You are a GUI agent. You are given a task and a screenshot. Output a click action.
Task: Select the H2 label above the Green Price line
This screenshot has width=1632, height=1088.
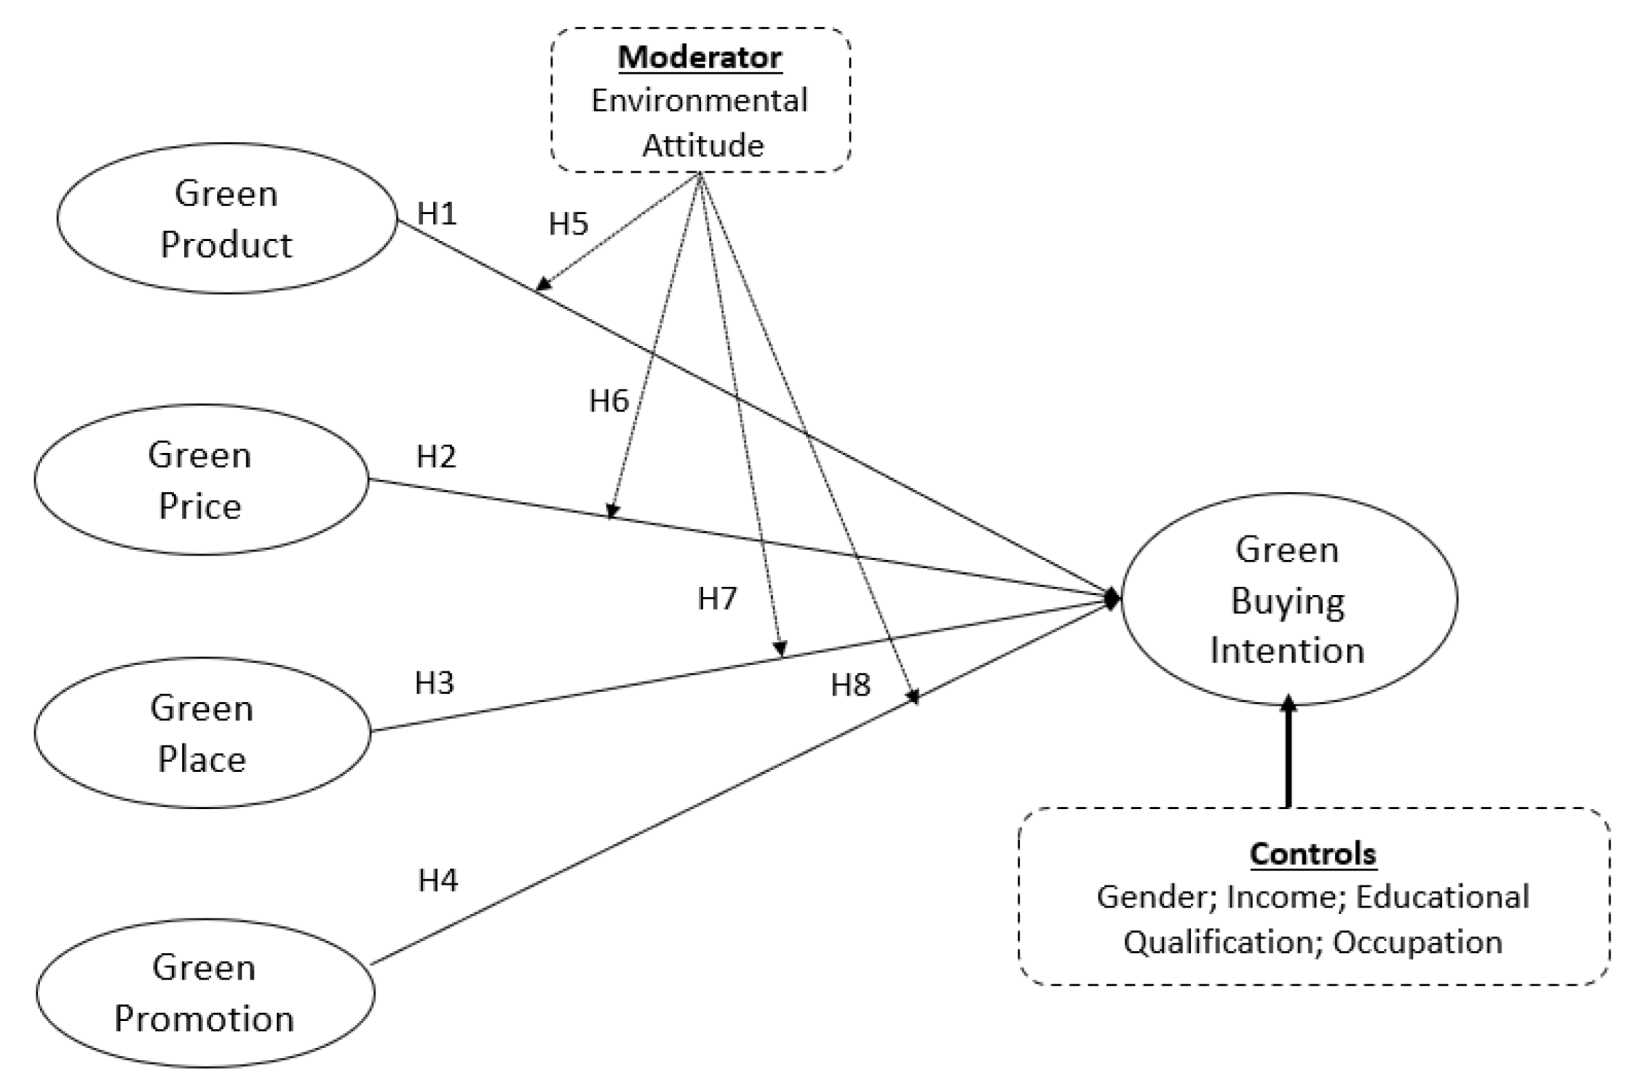point(436,456)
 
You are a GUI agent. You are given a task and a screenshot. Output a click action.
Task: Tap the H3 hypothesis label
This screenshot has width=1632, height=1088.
point(434,683)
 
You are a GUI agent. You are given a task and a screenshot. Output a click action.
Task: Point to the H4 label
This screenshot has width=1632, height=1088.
point(438,880)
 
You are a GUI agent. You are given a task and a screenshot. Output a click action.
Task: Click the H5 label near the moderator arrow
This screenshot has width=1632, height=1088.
point(568,223)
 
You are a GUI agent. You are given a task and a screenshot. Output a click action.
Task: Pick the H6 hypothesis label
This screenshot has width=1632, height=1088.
point(608,400)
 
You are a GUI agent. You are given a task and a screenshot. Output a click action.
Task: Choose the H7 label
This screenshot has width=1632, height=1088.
point(717,598)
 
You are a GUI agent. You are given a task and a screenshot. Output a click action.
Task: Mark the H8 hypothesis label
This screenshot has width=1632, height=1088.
point(850,685)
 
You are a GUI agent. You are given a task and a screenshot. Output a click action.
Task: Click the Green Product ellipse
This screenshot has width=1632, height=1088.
point(227,219)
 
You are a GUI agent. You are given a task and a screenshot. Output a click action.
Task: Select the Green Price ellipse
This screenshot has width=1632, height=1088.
point(201,480)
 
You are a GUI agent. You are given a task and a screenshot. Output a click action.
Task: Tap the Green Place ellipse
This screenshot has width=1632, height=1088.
point(203,733)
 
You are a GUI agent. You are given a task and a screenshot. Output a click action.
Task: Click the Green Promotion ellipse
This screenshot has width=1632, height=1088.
point(206,993)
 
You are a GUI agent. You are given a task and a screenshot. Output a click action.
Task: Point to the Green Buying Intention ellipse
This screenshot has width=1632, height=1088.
point(1289,600)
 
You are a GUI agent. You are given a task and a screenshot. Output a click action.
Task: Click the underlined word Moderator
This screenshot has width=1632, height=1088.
point(700,57)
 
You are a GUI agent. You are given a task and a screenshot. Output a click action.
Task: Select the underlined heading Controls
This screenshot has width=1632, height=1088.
point(1313,853)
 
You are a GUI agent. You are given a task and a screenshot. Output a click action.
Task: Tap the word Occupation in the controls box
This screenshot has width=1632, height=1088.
point(1418,942)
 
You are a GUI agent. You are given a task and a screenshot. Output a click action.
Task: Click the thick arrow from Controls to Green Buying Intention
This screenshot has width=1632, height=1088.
point(1289,756)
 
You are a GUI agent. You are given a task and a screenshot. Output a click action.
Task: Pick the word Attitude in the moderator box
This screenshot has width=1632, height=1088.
point(702,145)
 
